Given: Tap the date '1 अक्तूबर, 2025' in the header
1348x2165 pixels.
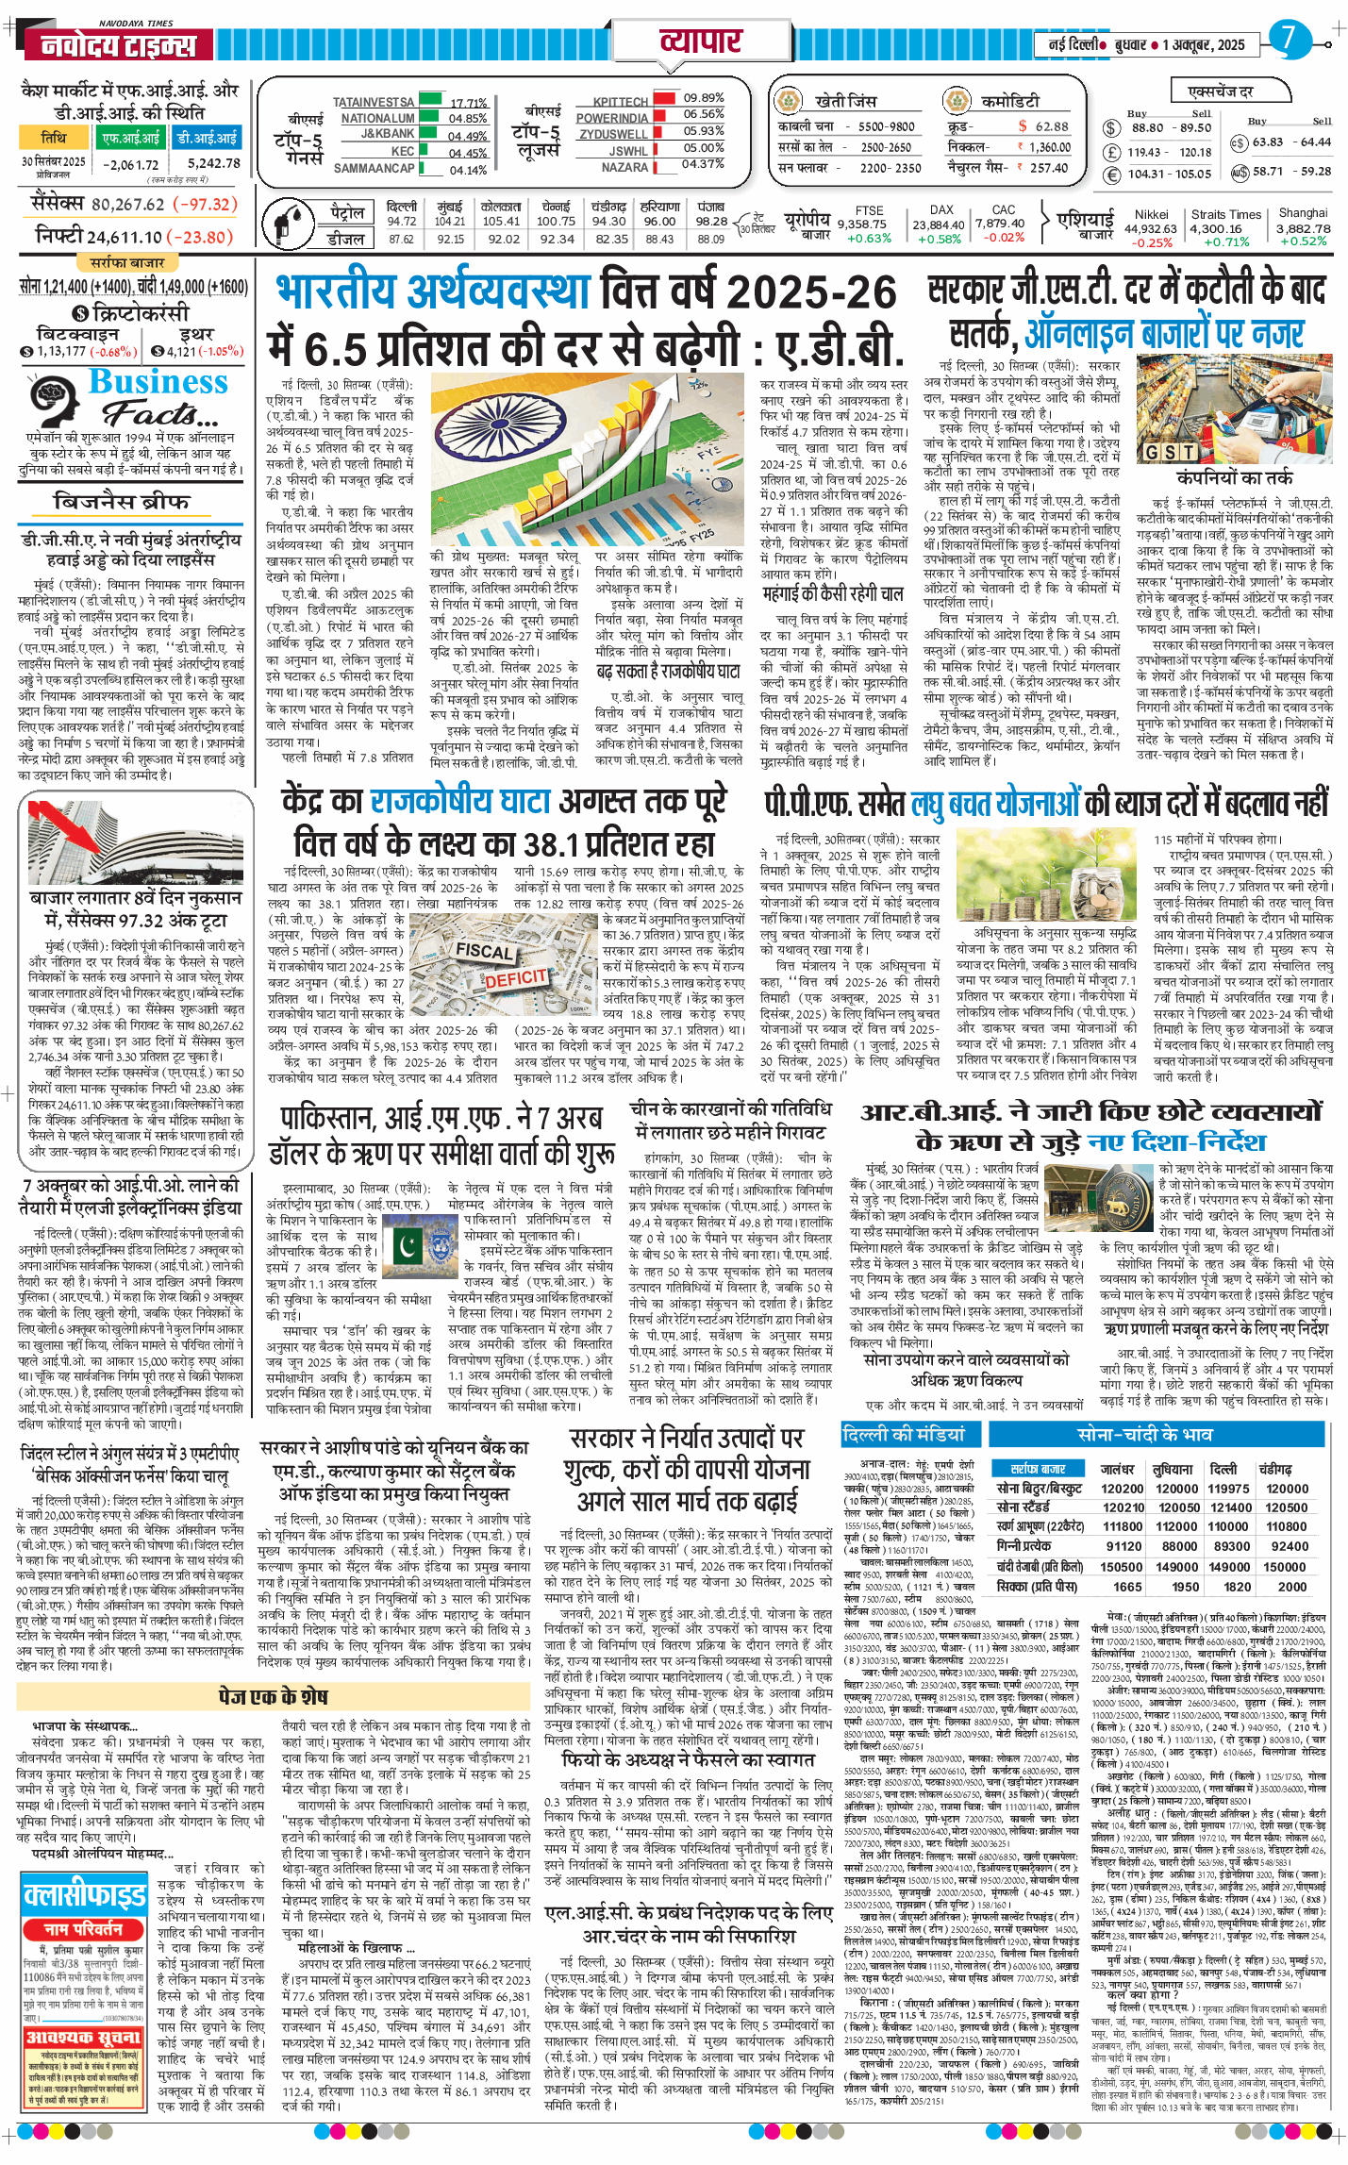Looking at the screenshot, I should (x=1204, y=44).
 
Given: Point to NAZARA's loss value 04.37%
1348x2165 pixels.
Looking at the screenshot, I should (x=703, y=164).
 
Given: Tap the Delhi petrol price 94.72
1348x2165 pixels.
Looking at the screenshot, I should (x=402, y=222).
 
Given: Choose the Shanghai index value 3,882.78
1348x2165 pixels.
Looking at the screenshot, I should (x=1304, y=228).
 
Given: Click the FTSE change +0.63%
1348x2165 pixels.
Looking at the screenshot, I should (x=869, y=239).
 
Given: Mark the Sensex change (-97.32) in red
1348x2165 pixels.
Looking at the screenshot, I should (x=207, y=205).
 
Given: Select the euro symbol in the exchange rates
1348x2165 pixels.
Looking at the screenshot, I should (x=1112, y=175).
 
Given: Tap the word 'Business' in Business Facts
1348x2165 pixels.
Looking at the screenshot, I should (x=158, y=381).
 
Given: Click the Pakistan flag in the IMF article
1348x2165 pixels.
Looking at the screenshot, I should (x=409, y=1246).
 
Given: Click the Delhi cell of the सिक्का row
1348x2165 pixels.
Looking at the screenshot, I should (x=1237, y=1587).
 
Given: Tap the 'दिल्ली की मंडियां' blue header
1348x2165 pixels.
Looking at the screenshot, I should (x=903, y=1435).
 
